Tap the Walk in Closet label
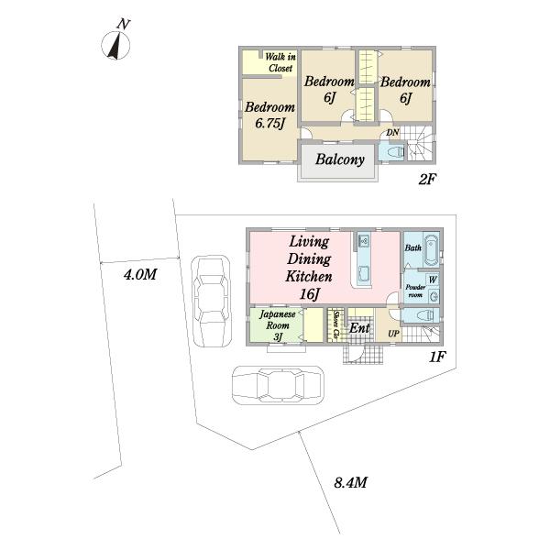click(x=280, y=62)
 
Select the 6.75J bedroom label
click(x=269, y=115)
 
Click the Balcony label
click(x=339, y=159)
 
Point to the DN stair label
click(x=392, y=133)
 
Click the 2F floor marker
click(x=427, y=180)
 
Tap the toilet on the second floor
click(x=395, y=152)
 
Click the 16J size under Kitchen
click(x=310, y=294)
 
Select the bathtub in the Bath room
click(x=432, y=249)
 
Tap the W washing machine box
click(x=433, y=280)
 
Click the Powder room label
click(x=415, y=291)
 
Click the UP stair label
click(x=393, y=334)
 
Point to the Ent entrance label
click(x=359, y=328)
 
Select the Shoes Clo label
click(x=336, y=325)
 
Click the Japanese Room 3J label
click(x=278, y=325)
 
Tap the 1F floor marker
click(x=437, y=357)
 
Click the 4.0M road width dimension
click(x=140, y=274)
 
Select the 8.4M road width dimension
click(x=350, y=483)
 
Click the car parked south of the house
click(x=278, y=386)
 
